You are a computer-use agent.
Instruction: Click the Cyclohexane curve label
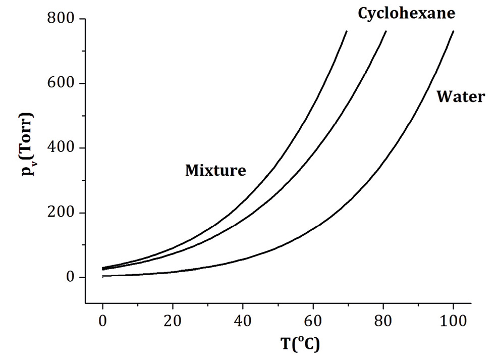click(x=406, y=13)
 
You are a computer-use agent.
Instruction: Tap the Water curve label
click(x=460, y=96)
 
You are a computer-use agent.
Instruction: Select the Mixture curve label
click(x=215, y=171)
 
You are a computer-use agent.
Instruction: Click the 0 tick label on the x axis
click(x=102, y=320)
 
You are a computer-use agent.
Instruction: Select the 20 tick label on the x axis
click(x=173, y=320)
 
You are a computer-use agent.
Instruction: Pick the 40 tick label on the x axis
click(x=243, y=320)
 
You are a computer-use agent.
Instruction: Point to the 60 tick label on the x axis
click(x=313, y=320)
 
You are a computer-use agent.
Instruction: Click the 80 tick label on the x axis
click(x=383, y=320)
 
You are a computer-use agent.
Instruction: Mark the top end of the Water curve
click(x=454, y=31)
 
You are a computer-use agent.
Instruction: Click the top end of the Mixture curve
click(x=347, y=31)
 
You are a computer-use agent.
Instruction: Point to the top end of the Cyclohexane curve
click(x=386, y=31)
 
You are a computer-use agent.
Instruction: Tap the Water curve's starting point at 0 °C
click(x=103, y=276)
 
